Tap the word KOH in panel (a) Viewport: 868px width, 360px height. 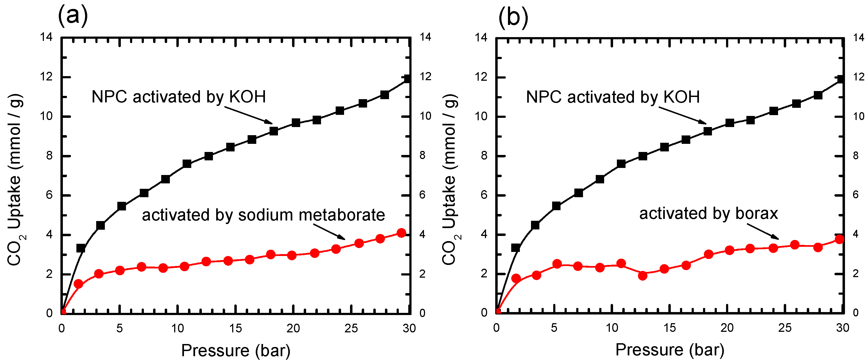point(248,97)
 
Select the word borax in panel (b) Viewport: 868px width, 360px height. point(757,213)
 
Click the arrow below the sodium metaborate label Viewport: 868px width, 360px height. point(329,231)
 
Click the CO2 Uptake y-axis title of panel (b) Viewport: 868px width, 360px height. point(451,180)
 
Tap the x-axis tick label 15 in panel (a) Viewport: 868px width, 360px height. point(235,328)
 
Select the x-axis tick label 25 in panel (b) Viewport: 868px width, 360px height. point(785,328)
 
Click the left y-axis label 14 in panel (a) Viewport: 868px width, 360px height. point(47,37)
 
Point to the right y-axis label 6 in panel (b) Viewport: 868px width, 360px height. point(856,195)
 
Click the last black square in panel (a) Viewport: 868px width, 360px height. point(407,79)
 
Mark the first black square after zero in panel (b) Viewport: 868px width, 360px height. point(516,248)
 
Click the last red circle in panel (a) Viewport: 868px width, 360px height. point(401,233)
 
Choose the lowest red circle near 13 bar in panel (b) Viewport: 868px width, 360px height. point(643,275)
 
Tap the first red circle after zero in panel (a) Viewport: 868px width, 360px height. point(79,284)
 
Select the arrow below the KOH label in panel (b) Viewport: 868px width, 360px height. point(683,115)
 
